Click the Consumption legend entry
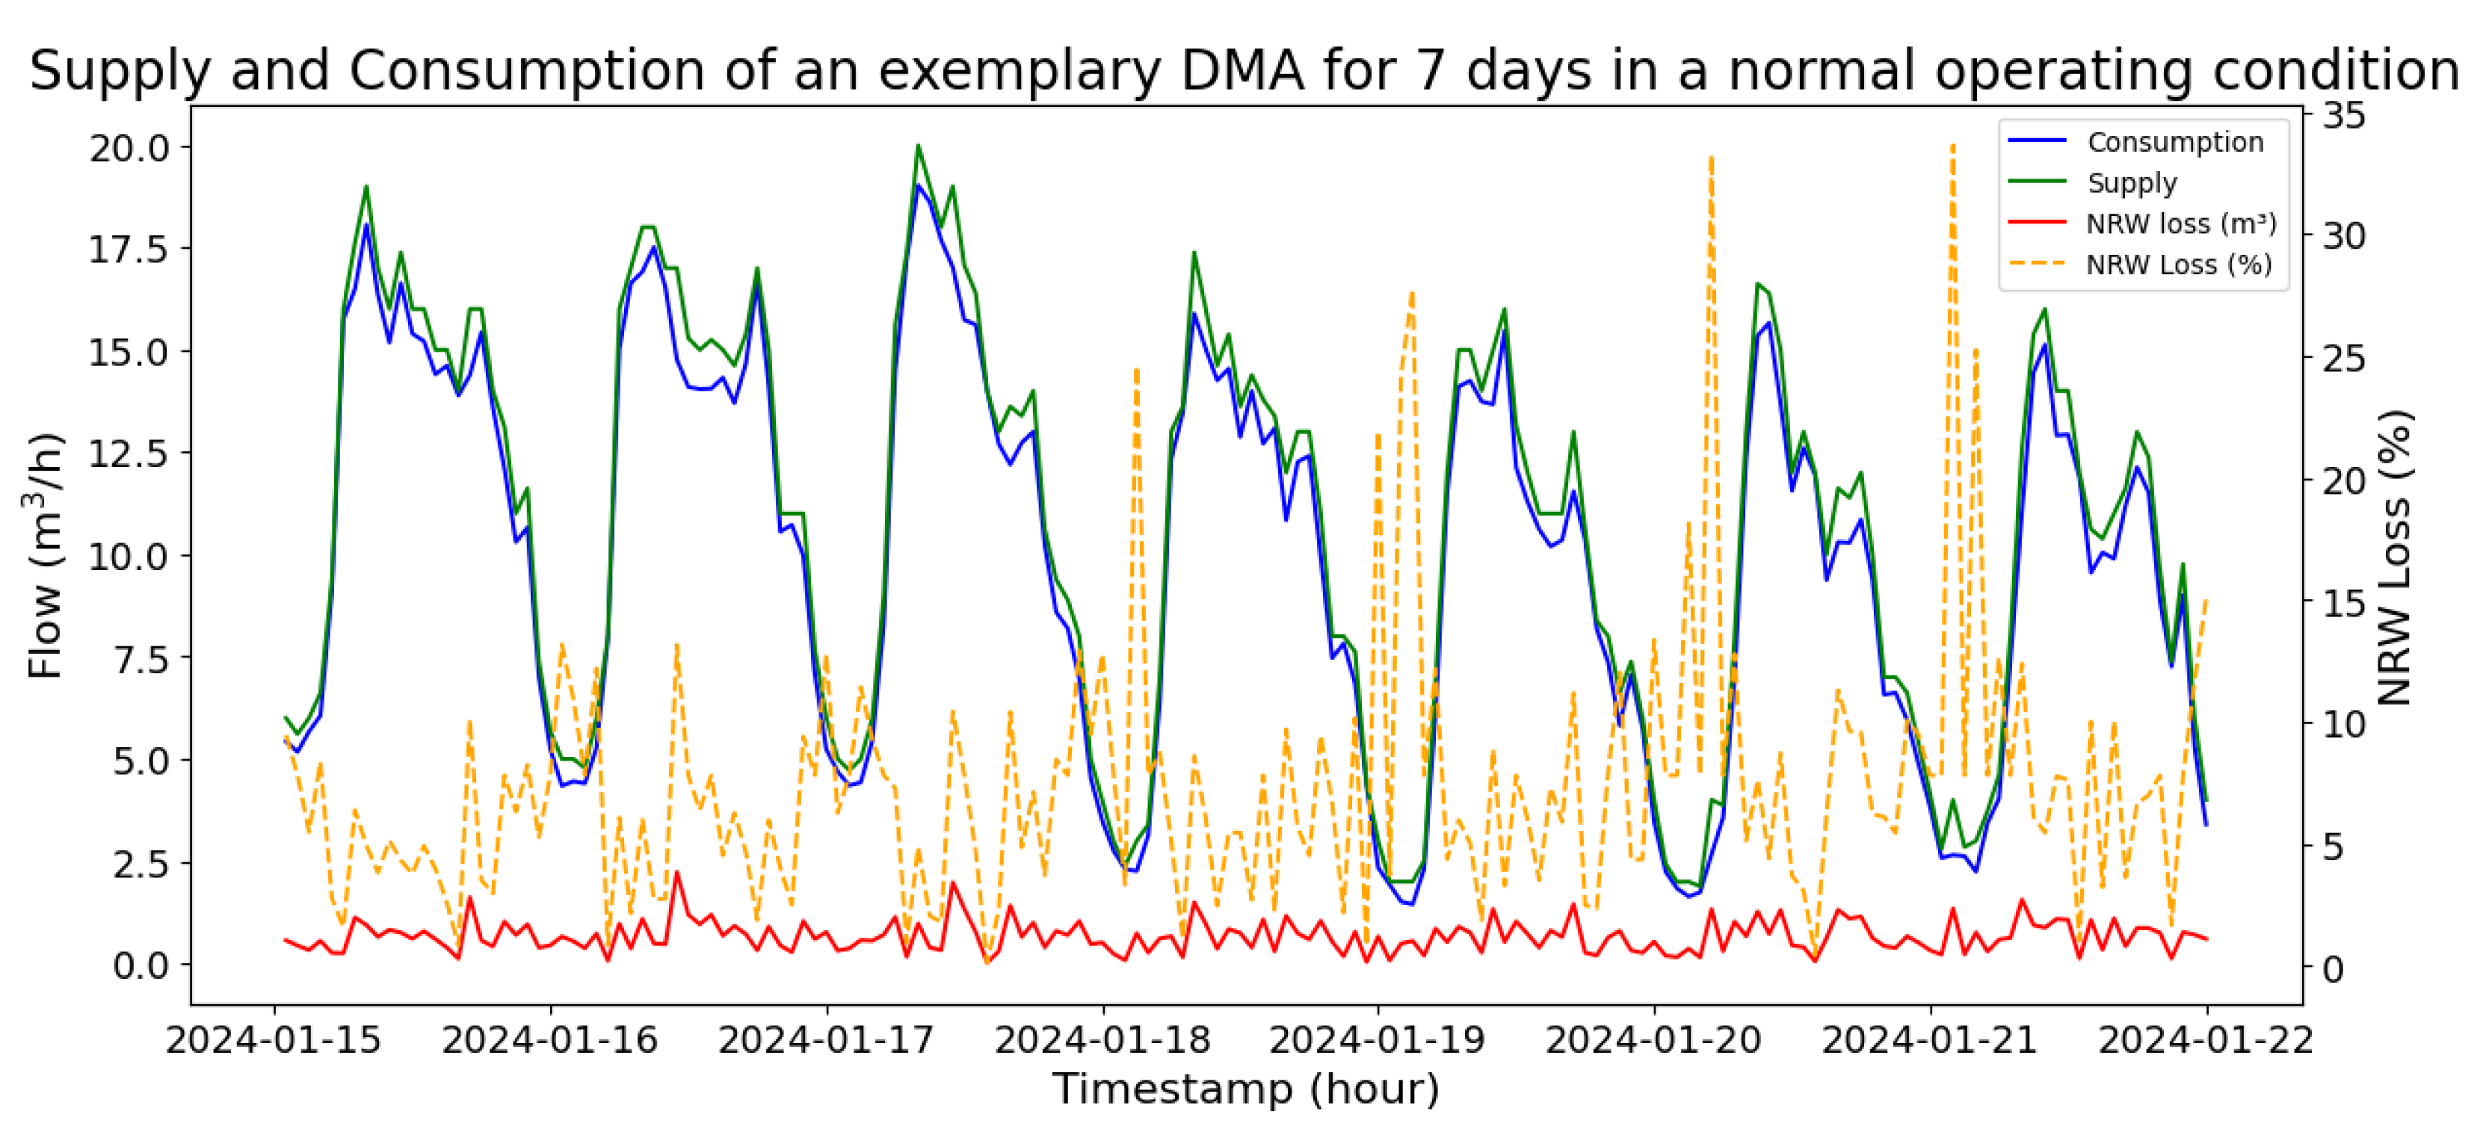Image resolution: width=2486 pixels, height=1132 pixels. click(2174, 142)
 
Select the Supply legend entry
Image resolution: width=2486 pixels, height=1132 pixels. click(2131, 182)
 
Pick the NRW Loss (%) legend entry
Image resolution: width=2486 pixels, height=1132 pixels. click(2178, 265)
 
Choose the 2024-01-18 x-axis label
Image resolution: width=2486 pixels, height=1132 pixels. click(1102, 1039)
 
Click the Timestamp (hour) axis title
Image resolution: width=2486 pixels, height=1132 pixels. click(1246, 1089)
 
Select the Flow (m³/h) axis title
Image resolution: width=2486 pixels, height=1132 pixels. click(46, 556)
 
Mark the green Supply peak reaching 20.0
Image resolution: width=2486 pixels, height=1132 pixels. click(918, 146)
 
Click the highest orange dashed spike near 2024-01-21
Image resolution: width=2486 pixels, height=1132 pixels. click(1952, 146)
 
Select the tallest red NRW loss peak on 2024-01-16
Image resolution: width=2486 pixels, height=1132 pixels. click(676, 873)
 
